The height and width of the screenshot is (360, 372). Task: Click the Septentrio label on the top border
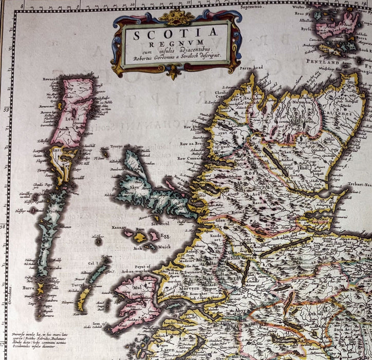click(265, 7)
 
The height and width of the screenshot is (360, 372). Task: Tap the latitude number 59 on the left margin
click(5, 109)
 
